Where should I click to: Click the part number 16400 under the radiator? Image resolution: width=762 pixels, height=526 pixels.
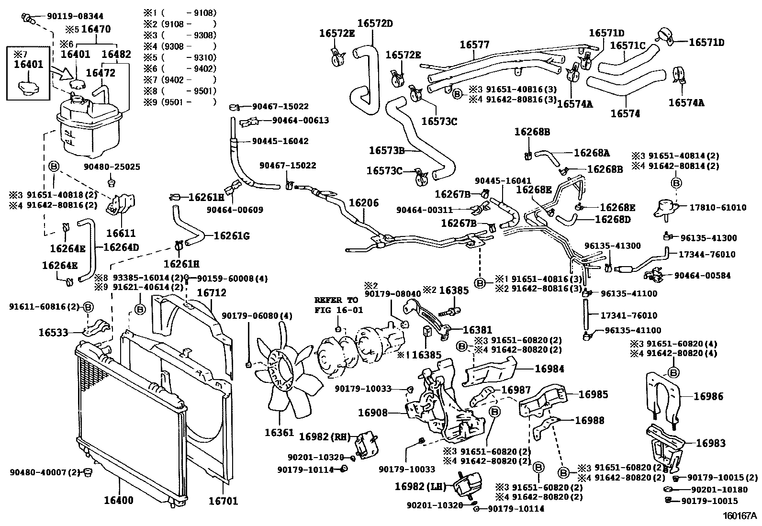(119, 501)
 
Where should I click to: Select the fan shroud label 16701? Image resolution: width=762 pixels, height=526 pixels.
(223, 501)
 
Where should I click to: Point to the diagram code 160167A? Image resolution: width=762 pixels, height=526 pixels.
(739, 516)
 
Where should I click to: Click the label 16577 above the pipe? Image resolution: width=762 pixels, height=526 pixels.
(474, 45)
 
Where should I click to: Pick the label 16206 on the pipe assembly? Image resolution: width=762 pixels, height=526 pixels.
(363, 203)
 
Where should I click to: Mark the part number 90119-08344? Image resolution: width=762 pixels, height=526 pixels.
(75, 16)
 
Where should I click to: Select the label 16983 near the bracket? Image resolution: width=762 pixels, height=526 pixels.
(710, 443)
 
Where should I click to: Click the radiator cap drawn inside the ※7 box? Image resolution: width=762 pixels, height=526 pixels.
(28, 87)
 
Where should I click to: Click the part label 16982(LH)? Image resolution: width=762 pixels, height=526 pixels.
(420, 487)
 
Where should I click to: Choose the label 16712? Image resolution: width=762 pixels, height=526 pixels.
(211, 292)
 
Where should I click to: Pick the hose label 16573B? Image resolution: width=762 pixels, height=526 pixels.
(387, 150)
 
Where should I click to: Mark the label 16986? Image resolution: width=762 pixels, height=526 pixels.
(708, 396)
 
